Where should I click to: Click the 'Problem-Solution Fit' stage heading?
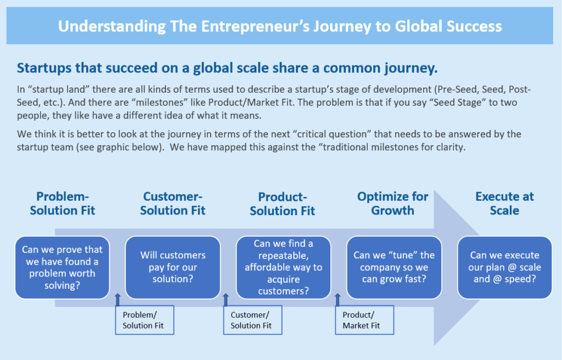63,203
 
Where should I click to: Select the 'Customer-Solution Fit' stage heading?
172,203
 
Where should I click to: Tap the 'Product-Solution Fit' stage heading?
283,204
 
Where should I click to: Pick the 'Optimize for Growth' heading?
392,203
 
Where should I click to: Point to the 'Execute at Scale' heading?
504,203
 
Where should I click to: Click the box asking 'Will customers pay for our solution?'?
173,267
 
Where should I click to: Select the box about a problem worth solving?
63,267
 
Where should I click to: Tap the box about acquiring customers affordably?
283,267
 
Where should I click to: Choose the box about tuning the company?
394,267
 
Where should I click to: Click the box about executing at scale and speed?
505,267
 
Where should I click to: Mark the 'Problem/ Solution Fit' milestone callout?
144,320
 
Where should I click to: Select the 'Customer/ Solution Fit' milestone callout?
252,320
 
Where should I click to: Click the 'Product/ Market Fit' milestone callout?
364,320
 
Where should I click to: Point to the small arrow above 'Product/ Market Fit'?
338,300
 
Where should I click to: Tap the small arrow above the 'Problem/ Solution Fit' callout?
117,300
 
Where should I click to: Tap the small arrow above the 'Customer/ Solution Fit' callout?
226,300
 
